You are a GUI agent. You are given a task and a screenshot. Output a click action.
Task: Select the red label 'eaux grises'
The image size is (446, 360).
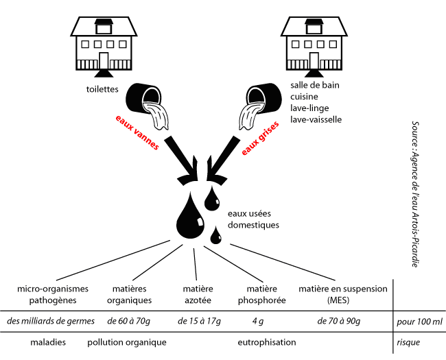259,134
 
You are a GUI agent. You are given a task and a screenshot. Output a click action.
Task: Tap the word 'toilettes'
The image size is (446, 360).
103,89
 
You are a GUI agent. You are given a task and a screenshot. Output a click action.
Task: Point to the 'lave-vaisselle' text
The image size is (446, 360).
316,119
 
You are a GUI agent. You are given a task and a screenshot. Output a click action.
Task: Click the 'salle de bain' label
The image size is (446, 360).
315,86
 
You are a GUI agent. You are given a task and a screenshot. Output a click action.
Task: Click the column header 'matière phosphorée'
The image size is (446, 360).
261,295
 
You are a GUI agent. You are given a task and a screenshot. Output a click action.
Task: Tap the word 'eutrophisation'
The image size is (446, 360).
266,341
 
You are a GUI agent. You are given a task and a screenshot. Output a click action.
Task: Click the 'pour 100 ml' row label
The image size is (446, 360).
419,321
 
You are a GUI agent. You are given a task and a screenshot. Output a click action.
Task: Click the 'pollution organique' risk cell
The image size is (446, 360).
128,341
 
